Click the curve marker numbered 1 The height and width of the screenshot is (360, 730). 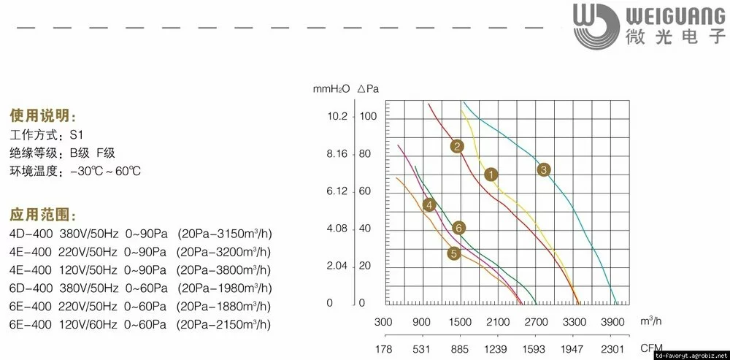[x=491, y=175]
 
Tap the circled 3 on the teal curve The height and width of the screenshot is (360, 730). [x=543, y=170]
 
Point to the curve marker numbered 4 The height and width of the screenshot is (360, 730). [x=429, y=205]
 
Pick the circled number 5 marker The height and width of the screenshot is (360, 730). [x=454, y=254]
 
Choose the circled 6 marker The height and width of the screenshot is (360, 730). [x=458, y=228]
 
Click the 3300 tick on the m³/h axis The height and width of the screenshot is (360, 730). [x=575, y=322]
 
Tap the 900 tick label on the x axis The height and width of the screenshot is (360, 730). [x=421, y=322]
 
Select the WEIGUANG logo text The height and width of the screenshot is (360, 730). [x=672, y=14]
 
